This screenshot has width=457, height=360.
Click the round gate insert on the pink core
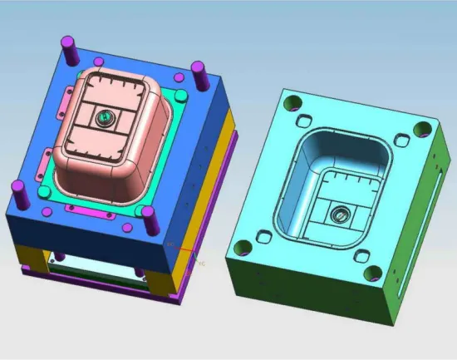pos(106,119)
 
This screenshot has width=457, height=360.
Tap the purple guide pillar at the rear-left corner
pos(67,47)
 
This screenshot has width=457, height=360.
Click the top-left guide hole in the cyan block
pos(292,103)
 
